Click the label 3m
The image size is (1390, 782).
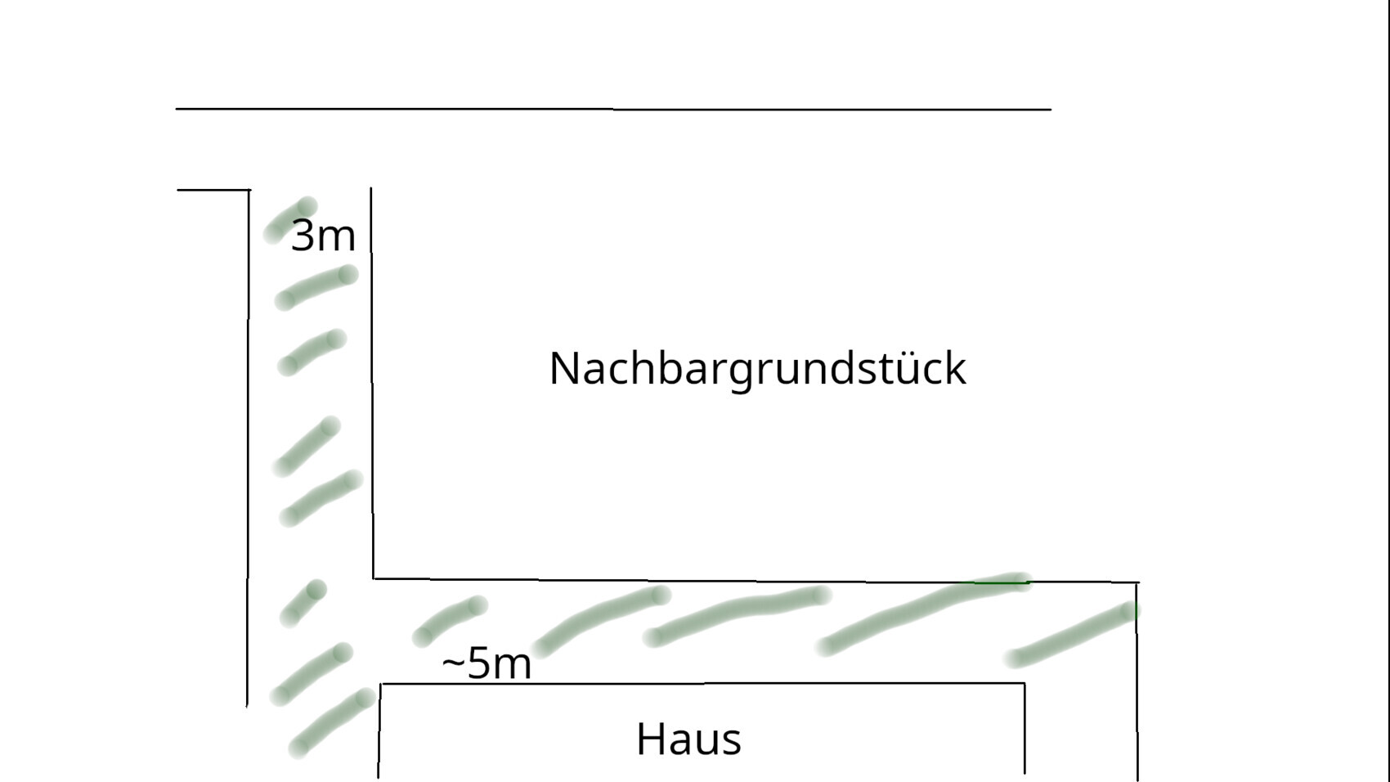[x=323, y=236]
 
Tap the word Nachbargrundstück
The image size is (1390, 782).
[x=758, y=369]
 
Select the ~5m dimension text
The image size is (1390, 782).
[x=487, y=663]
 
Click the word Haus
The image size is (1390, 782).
[x=688, y=739]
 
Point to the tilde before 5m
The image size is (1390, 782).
[x=453, y=664]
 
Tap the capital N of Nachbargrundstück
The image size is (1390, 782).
[x=565, y=369]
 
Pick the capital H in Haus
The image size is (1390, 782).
[x=650, y=739]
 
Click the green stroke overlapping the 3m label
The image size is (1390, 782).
[x=289, y=220]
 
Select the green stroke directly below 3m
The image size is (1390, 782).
[x=316, y=287]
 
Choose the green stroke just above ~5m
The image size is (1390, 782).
[x=450, y=621]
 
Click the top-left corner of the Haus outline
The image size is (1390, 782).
[x=380, y=684]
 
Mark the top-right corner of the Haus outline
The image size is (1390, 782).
[x=1025, y=683]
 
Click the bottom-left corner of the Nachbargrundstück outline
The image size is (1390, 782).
[x=373, y=578]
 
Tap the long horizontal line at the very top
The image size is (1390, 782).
[x=613, y=110]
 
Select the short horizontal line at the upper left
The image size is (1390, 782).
[x=213, y=190]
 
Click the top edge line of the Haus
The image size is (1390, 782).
[x=702, y=683]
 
